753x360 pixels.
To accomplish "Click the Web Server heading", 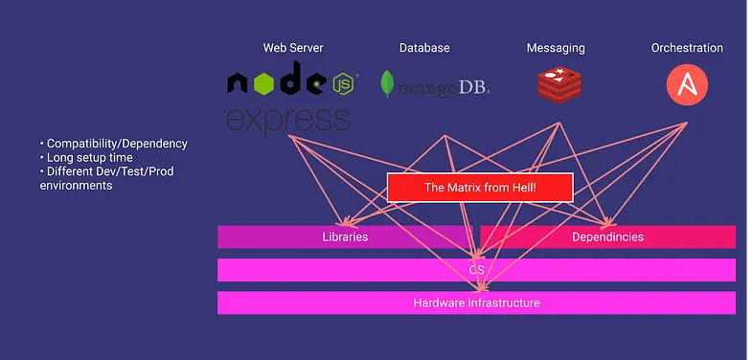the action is (293, 48).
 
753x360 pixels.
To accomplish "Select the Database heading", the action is (424, 48).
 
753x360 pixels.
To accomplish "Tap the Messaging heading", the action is (556, 49).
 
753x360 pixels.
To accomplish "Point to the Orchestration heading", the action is (687, 48).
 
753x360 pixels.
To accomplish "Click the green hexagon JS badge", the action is (343, 83).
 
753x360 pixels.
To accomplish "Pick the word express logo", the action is (288, 121).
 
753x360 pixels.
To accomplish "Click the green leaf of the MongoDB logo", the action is (387, 83).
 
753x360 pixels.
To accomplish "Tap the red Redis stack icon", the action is (559, 85).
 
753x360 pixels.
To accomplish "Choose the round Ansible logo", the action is (687, 85).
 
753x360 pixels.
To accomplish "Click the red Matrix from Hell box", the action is (480, 188).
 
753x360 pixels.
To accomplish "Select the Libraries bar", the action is (345, 236).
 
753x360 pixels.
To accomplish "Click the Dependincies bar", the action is (607, 236).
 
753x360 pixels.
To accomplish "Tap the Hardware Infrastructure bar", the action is (476, 303).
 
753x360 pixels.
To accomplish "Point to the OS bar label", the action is (476, 270).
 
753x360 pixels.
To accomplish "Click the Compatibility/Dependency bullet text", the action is (114, 144).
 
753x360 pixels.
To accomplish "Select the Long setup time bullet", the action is (86, 157).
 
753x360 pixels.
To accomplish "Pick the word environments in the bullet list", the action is (76, 186).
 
